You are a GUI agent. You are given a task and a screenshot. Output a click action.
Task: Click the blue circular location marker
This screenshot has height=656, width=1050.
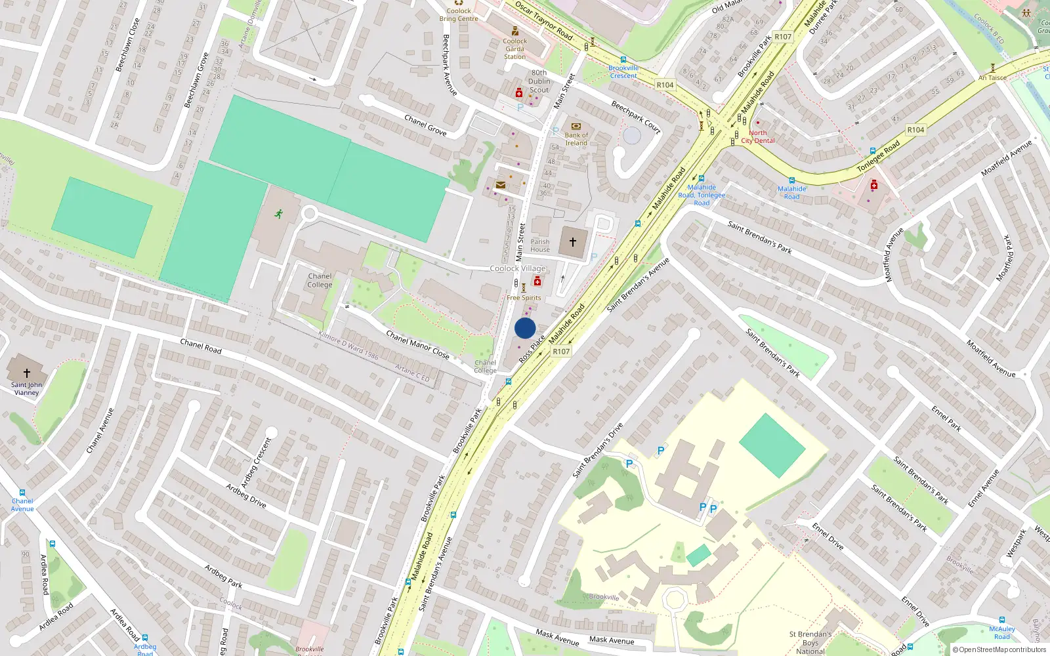pos(525,328)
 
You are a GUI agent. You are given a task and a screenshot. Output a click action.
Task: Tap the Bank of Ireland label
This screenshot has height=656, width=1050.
pos(576,139)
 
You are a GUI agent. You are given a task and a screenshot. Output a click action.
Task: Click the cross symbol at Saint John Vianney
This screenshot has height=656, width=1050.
pos(27,373)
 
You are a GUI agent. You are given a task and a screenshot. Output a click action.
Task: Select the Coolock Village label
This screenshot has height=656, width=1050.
pos(518,268)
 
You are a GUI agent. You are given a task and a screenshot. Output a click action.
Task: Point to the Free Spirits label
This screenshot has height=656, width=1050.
pos(524,298)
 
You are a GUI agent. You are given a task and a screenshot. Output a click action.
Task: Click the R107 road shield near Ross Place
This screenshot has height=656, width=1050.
pos(561,352)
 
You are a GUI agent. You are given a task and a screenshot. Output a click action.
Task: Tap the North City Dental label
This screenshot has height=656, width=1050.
pos(758,136)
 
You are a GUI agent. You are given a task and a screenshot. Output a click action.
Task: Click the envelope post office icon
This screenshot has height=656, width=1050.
pos(501,186)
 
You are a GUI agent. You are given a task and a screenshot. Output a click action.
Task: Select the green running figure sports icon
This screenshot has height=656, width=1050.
pos(279,214)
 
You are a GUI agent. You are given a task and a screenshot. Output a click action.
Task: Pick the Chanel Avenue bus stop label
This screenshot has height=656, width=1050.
pos(22,504)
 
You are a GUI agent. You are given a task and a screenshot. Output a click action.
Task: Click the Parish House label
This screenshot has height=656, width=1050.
pos(540,245)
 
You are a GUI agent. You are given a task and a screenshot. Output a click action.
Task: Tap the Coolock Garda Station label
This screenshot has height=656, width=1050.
pos(515,49)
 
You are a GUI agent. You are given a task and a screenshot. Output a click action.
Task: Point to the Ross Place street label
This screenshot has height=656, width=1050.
pos(532,349)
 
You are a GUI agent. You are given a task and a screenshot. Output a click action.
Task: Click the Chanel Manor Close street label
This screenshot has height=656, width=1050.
pos(417,345)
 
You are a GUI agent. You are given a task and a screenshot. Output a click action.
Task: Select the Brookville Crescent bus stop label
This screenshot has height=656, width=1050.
pos(623,72)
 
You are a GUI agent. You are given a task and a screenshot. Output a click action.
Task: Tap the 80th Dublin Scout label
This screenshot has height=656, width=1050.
pos(539,81)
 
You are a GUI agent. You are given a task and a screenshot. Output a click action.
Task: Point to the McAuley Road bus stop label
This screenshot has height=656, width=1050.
pos(1002,632)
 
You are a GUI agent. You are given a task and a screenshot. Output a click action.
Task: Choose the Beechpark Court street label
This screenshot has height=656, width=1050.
pos(635,117)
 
